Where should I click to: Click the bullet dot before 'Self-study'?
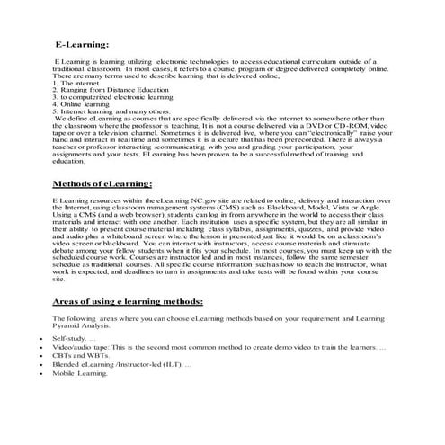pos(42,337)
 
